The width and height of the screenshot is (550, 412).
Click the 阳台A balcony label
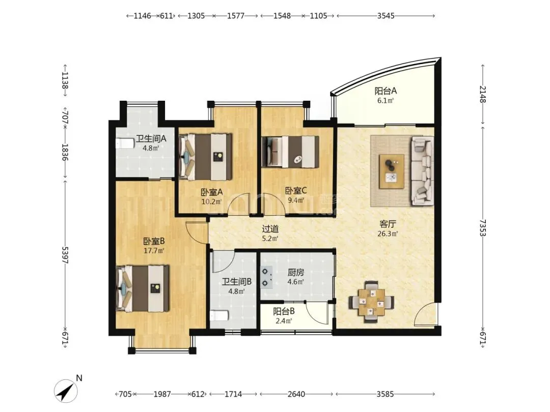click(386, 91)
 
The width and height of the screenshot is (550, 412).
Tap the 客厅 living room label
click(388, 224)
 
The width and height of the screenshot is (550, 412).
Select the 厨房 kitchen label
click(295, 272)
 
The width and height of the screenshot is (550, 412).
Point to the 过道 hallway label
click(270, 229)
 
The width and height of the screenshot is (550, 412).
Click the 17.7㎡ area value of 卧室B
click(154, 250)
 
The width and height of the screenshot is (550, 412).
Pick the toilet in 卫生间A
click(125, 143)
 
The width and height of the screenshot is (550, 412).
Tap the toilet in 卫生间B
click(219, 316)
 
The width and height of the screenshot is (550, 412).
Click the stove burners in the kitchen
click(266, 277)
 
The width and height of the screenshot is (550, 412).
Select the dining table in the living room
click(371, 302)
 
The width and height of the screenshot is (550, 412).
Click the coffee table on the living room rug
click(392, 171)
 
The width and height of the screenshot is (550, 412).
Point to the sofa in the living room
click(422, 170)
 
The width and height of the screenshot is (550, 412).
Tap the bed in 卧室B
click(143, 288)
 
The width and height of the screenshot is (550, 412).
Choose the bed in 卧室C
click(291, 153)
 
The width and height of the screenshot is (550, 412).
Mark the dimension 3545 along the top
click(386, 16)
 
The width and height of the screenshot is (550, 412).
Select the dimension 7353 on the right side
click(483, 228)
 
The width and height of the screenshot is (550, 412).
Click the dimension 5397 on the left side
click(65, 255)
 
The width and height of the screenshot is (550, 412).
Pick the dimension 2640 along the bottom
click(296, 394)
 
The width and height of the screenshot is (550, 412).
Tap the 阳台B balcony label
click(284, 311)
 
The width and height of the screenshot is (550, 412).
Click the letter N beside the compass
click(79, 378)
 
